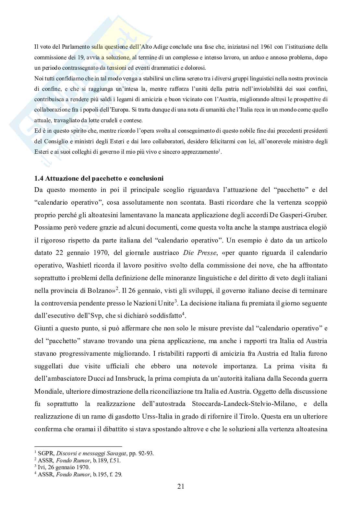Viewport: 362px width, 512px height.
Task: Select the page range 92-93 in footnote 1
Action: pos(145,453)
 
